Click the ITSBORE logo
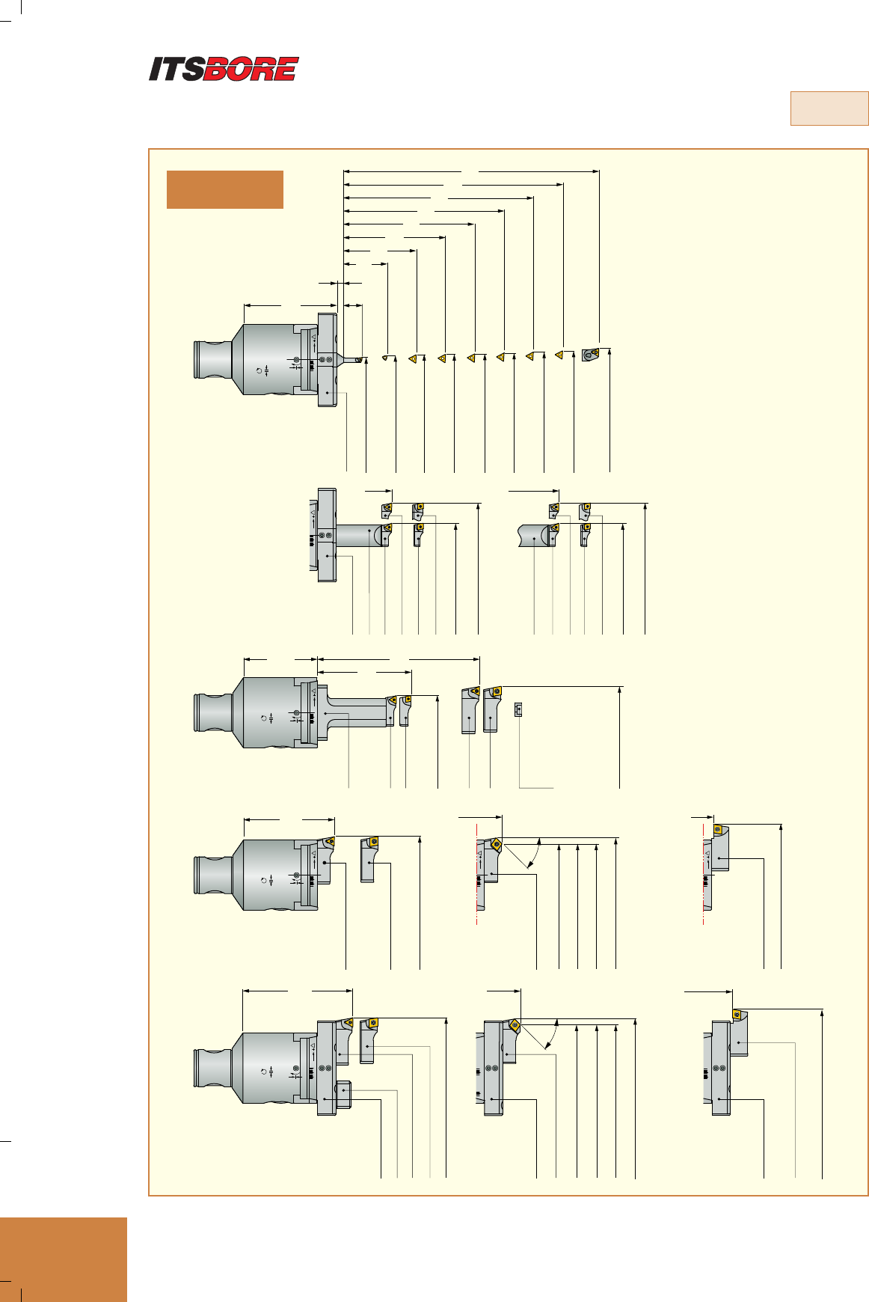tap(224, 69)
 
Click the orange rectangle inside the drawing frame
tap(224, 189)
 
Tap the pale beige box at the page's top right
tap(829, 109)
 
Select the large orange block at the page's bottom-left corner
tap(64, 1259)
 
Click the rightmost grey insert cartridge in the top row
tap(590, 354)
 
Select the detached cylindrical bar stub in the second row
tap(535, 536)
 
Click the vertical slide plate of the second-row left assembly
tap(327, 534)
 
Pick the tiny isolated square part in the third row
tap(518, 709)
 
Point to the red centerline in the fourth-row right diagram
tap(704, 875)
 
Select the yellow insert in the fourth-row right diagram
tap(718, 829)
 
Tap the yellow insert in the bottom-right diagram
tap(737, 1015)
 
